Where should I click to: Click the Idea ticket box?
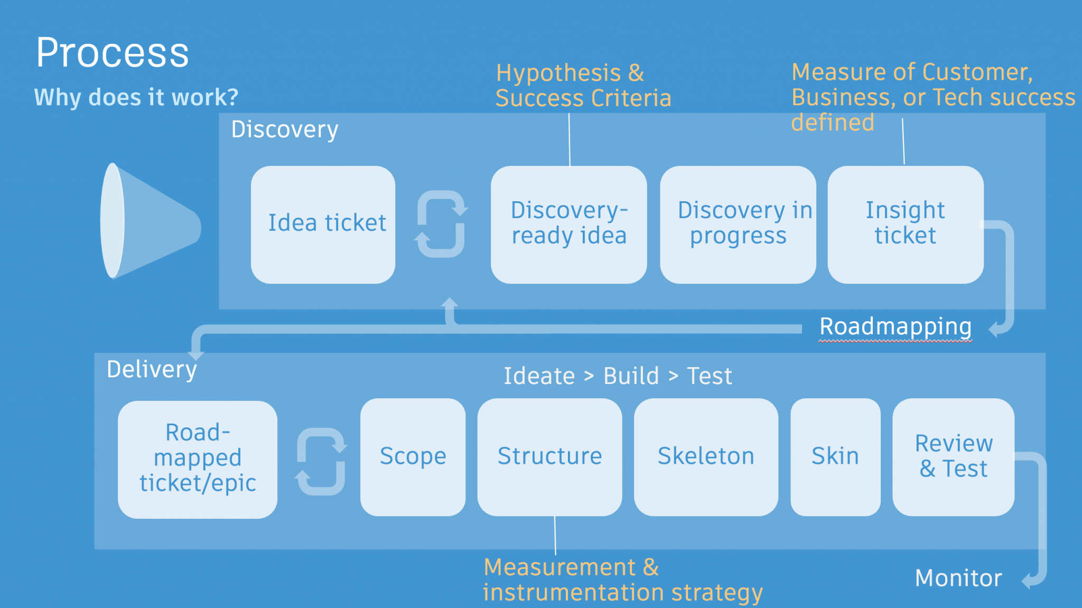323,225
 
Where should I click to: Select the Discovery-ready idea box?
568,225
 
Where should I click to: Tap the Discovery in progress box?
738,225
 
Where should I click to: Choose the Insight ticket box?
905,225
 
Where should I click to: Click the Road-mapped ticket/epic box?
197,459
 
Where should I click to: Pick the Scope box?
413,457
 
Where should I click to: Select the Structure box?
549,457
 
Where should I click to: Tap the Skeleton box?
706,457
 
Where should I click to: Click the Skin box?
835,457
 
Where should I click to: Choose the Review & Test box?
953,457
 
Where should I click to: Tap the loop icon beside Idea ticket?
441,224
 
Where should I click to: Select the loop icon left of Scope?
321,461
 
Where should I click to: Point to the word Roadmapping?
896,327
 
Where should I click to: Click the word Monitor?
958,578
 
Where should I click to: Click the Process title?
113,53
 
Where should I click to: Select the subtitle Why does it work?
136,97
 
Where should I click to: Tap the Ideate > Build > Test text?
618,376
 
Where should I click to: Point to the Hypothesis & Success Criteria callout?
583,86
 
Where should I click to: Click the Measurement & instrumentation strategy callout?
622,580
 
